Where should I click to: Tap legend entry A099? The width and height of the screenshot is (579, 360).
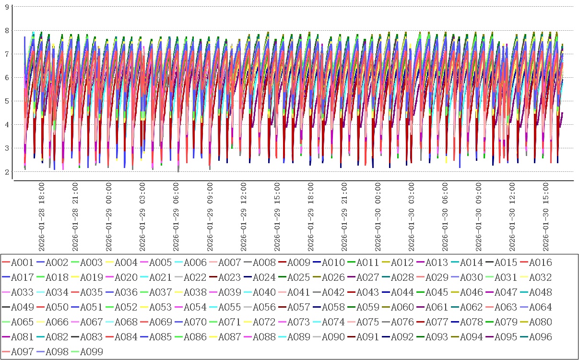click(x=91, y=352)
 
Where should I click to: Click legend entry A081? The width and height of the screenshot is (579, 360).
click(x=22, y=337)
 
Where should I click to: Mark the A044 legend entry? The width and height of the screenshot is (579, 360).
click(x=402, y=292)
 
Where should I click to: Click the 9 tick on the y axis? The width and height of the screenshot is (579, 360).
click(x=7, y=7)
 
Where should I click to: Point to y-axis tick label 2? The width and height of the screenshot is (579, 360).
click(x=7, y=172)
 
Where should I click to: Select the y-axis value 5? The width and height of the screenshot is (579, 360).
click(x=7, y=101)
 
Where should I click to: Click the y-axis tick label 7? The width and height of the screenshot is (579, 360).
click(x=7, y=54)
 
